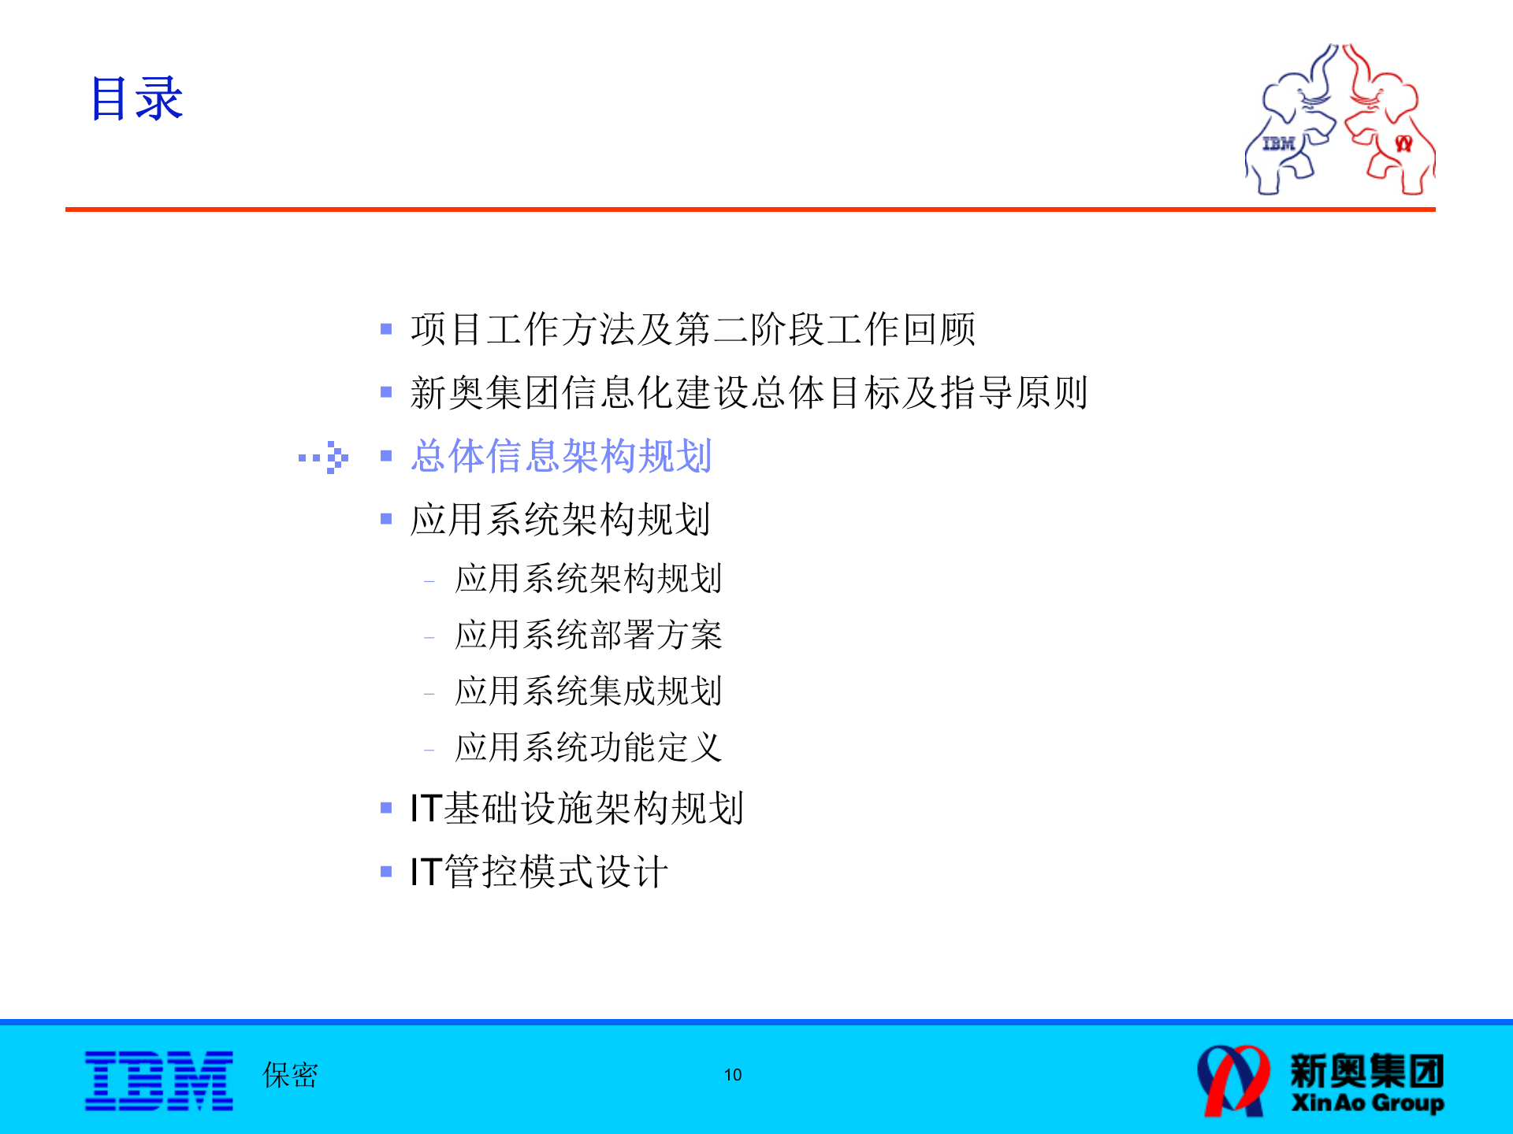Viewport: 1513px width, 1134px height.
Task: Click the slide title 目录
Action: (136, 99)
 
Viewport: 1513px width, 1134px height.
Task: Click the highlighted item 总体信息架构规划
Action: (561, 456)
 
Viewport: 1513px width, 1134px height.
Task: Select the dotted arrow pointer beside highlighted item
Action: (324, 457)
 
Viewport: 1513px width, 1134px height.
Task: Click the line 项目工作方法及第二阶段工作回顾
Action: (693, 329)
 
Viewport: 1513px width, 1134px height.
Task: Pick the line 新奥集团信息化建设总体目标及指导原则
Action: (749, 392)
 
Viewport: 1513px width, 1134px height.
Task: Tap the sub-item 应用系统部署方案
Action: (588, 635)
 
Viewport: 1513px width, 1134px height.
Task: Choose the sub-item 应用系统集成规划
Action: (588, 691)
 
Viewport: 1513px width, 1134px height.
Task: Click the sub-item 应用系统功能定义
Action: (588, 747)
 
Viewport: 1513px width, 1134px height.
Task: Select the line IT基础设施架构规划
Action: (576, 808)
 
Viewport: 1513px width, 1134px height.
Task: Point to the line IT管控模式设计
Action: (539, 872)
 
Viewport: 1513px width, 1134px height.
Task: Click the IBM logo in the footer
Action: (159, 1080)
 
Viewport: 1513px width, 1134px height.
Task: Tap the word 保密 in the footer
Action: (290, 1075)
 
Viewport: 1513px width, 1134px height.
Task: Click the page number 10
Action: (733, 1075)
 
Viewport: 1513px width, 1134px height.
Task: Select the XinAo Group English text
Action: (1367, 1102)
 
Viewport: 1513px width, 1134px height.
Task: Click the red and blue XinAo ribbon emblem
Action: (1233, 1080)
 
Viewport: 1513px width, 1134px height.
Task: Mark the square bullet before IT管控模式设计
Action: (386, 872)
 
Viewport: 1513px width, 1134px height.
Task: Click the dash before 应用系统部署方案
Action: (429, 637)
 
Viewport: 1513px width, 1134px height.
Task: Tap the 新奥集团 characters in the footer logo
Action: (1367, 1070)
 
